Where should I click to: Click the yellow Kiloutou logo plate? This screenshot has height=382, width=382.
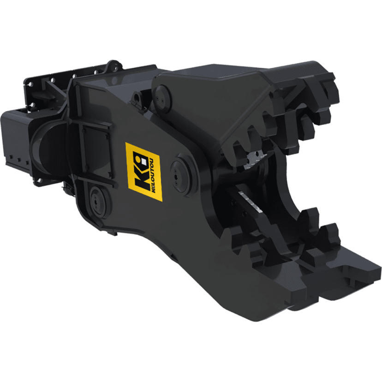pyautogui.click(x=144, y=172)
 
